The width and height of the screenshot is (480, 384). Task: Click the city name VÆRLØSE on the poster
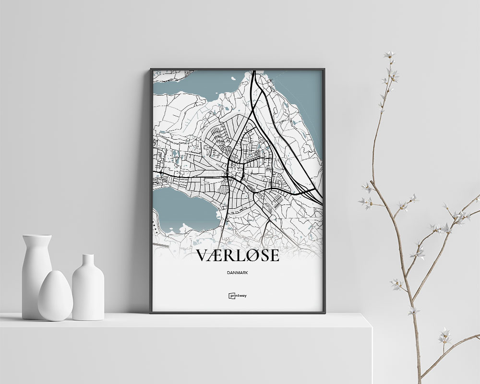coord(238,255)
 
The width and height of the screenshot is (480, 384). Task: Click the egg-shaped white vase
coord(55,296)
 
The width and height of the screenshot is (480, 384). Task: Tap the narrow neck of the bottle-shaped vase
coord(88,262)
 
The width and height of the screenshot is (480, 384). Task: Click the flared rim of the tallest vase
coord(37,237)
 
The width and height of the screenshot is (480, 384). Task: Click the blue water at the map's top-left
coord(178,86)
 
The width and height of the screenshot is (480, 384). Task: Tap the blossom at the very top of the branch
coord(389,55)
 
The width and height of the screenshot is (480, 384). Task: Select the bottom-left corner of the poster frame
coord(151,312)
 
